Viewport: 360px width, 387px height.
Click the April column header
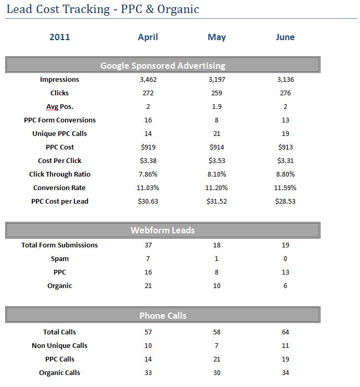point(148,37)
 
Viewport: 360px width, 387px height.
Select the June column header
point(285,37)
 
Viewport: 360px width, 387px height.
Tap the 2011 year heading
point(60,37)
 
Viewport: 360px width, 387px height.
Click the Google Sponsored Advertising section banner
point(163,65)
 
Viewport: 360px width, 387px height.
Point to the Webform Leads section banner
point(163,230)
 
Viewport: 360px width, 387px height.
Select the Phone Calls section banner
point(163,315)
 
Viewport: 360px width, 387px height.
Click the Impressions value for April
point(148,80)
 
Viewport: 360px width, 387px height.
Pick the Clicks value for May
point(217,93)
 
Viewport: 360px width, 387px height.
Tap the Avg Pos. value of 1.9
point(217,107)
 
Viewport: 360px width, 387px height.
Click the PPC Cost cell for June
point(286,147)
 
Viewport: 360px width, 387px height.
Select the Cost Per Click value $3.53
point(217,160)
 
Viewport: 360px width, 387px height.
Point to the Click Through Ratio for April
point(148,174)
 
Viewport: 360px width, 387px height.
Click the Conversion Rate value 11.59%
point(285,188)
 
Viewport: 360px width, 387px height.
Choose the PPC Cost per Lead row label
point(60,202)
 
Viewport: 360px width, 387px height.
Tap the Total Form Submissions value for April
point(148,245)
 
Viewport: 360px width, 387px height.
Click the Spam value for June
point(285,259)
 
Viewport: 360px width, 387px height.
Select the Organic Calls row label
point(60,373)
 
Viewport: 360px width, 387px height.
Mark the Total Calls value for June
point(285,332)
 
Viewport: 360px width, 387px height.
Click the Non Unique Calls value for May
point(216,346)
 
